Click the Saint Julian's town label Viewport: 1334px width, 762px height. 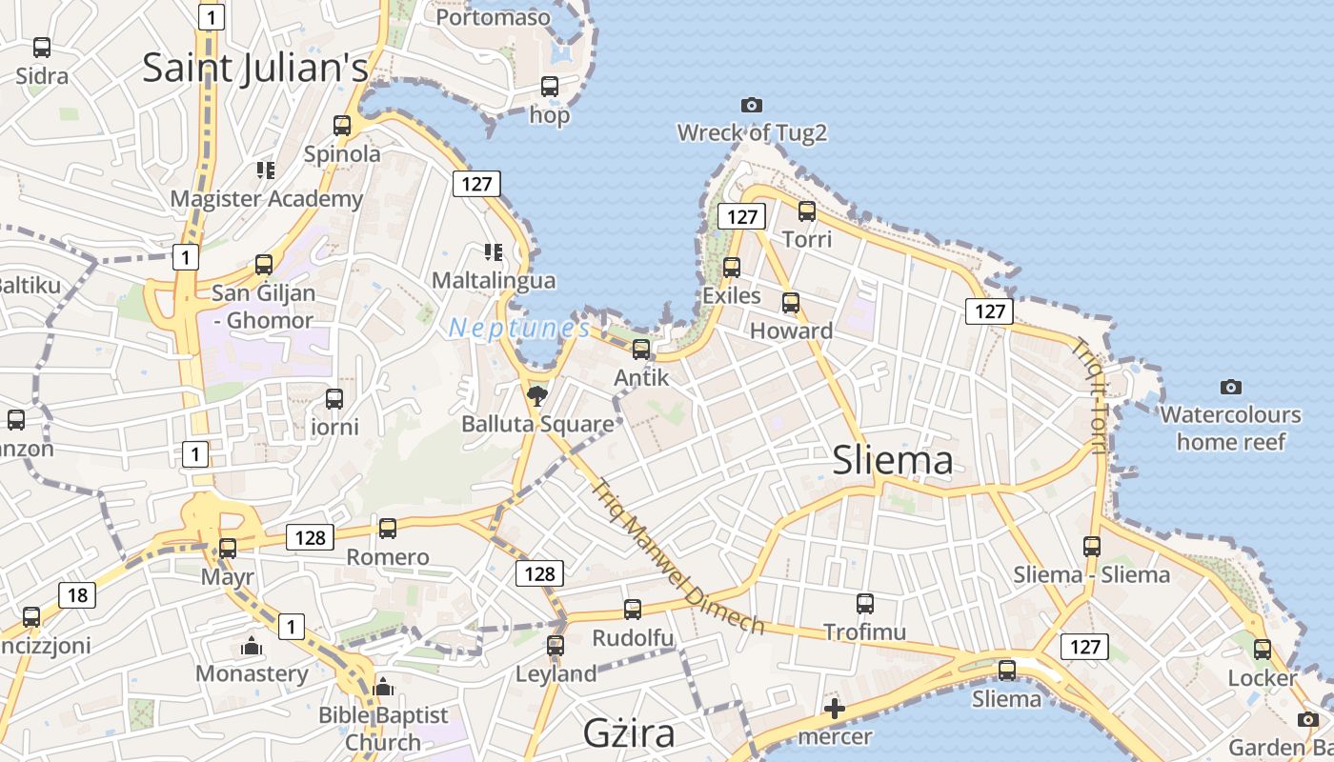click(x=255, y=69)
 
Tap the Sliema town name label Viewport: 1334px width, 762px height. click(x=892, y=461)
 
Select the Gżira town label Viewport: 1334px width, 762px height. click(x=629, y=733)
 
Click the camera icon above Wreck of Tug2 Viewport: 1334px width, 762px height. click(x=752, y=105)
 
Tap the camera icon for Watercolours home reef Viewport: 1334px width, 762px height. click(x=1231, y=387)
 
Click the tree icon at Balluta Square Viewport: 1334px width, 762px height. click(x=537, y=395)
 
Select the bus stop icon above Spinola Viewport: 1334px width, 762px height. click(x=342, y=125)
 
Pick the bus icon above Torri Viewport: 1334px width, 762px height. click(x=807, y=211)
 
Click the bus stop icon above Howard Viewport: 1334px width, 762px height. click(x=791, y=303)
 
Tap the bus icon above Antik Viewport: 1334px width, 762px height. click(x=641, y=349)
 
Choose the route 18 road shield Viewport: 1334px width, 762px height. click(x=77, y=596)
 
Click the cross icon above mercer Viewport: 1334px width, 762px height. click(x=835, y=708)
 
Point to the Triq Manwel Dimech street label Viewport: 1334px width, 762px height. click(x=677, y=556)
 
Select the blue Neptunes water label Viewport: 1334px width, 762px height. click(x=519, y=329)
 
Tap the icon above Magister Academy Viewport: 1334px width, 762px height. click(x=266, y=170)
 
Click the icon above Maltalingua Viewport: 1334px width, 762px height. click(x=494, y=252)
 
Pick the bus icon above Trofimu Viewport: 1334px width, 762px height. click(x=865, y=603)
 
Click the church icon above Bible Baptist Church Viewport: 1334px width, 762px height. click(x=383, y=686)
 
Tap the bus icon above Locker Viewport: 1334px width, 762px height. click(x=1263, y=650)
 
